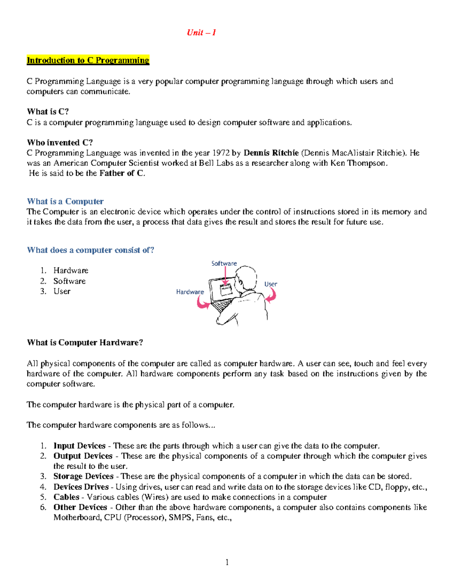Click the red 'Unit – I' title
[201, 33]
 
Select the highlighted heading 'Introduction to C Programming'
[88, 60]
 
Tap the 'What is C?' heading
[48, 112]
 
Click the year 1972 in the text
[220, 153]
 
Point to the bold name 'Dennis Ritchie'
[271, 153]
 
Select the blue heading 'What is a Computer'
[65, 201]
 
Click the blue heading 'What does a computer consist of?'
[90, 250]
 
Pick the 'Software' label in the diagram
[224, 264]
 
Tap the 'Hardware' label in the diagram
[190, 292]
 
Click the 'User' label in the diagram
[271, 284]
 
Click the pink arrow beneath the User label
[271, 295]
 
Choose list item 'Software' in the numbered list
[69, 281]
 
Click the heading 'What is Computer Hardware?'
[85, 343]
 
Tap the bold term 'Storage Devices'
[83, 476]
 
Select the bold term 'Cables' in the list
[66, 497]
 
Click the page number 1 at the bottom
[227, 562]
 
